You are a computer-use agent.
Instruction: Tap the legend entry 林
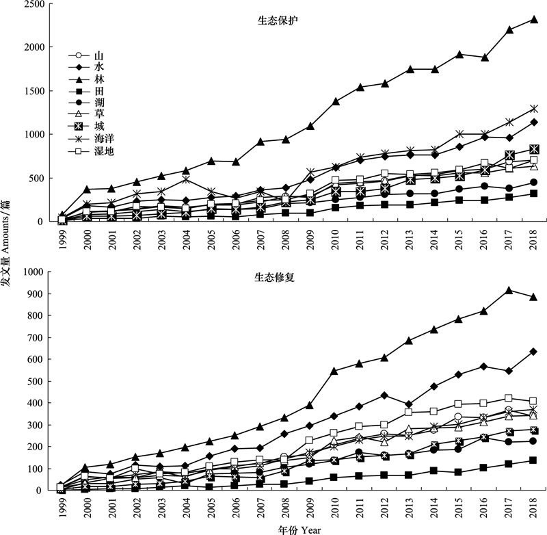click(x=98, y=80)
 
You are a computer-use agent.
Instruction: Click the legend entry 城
click(x=98, y=127)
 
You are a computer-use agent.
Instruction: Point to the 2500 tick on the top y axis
click(x=33, y=4)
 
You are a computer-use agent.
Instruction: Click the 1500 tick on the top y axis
click(x=33, y=91)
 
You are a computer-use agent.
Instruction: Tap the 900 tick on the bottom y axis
click(x=36, y=294)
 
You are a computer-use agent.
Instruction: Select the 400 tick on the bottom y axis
click(x=36, y=403)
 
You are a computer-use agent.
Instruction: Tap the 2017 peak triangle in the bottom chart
click(x=509, y=291)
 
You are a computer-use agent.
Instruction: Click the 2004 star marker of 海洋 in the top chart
click(x=186, y=179)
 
